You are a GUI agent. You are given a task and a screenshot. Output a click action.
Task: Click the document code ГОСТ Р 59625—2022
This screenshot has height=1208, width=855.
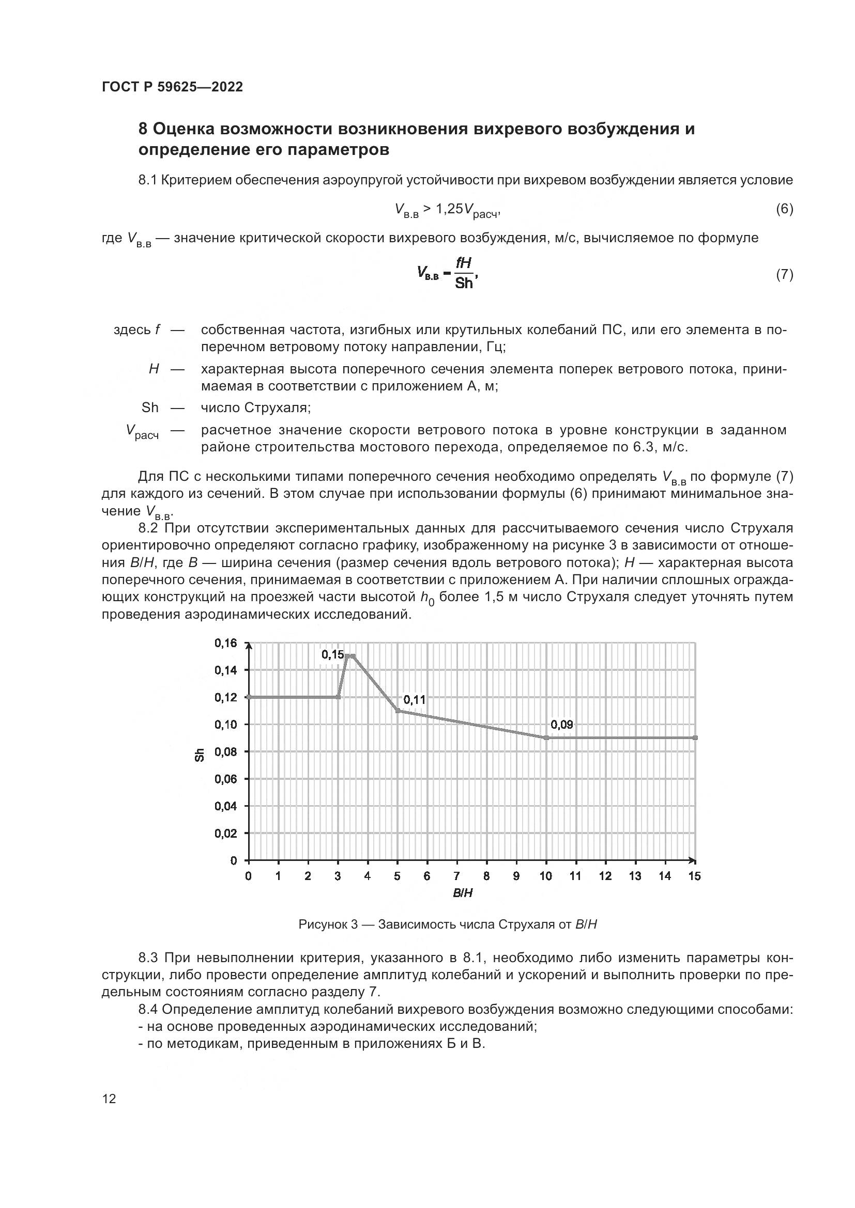[172, 87]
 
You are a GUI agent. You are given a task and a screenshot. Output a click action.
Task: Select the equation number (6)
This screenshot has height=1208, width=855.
[785, 209]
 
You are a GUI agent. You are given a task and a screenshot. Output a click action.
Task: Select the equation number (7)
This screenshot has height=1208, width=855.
[785, 275]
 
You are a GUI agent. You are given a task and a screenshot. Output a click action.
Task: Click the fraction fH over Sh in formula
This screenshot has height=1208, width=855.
[464, 274]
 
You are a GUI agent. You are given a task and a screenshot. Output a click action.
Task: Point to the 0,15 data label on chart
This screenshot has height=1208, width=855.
[333, 654]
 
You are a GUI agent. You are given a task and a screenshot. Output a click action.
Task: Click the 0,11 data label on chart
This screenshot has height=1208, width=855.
[415, 700]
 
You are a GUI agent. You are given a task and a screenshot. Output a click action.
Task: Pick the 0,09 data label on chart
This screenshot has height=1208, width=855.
[562, 725]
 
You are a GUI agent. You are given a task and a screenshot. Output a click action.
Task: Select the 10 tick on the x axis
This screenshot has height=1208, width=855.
[546, 876]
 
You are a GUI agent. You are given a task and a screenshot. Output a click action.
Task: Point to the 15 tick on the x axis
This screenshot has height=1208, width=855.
[695, 876]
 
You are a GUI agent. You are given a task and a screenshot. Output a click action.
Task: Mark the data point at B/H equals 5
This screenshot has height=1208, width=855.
[398, 711]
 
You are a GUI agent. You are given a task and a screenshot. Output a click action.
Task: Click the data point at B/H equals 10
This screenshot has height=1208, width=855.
[546, 738]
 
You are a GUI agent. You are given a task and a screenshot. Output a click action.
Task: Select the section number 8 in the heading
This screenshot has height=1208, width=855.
[143, 129]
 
